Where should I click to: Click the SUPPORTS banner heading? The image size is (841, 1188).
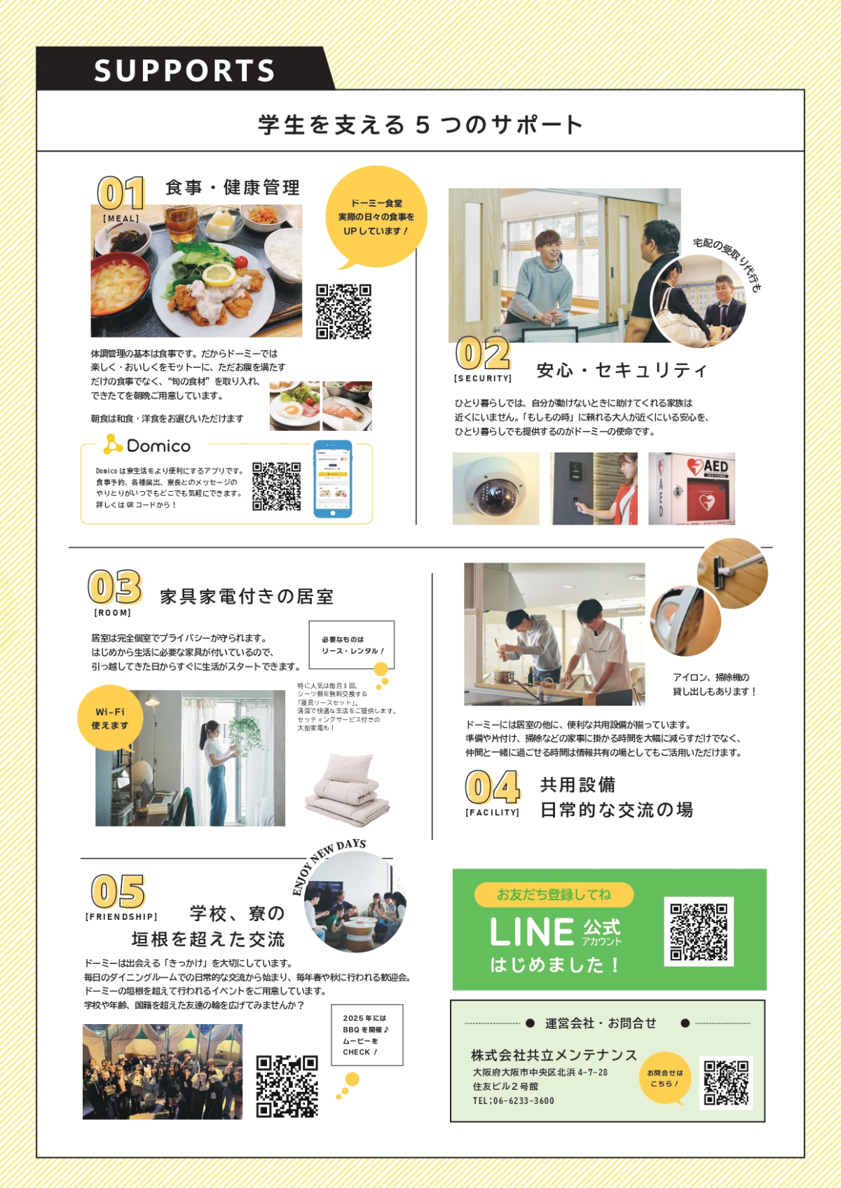coord(184,71)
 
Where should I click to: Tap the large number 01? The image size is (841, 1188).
coord(121,193)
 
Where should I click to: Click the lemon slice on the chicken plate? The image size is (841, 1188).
coord(219,274)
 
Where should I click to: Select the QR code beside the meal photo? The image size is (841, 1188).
coord(343,311)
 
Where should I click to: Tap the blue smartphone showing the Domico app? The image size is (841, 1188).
coord(333,479)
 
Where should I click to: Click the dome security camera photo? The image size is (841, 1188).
coord(495,488)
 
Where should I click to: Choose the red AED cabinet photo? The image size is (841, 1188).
coord(691,488)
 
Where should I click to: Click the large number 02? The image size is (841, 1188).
coord(483,354)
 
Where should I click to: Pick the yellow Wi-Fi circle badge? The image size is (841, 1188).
coord(110,718)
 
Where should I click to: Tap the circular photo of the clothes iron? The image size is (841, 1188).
coord(685,621)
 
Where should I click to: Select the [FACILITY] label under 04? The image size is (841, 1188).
coord(492,813)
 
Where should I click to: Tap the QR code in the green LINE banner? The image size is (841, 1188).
coord(699,932)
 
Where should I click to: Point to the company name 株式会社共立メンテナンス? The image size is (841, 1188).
coord(554,1055)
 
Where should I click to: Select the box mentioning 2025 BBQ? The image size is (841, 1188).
coord(367,1035)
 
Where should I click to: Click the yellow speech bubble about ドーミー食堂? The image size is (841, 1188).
coord(376,217)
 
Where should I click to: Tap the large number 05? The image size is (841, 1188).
coord(118,892)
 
